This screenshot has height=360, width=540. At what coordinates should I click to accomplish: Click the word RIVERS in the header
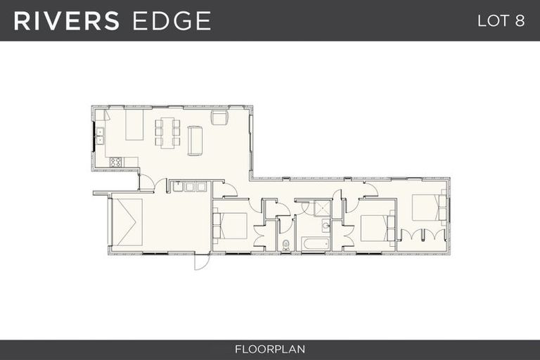[67, 20]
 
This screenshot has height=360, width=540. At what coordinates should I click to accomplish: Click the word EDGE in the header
[172, 20]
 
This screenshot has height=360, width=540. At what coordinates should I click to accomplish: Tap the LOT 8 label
[501, 21]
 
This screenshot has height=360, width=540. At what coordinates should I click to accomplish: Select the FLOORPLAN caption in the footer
[270, 349]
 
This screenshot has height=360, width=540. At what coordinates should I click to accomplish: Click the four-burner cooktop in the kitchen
[115, 162]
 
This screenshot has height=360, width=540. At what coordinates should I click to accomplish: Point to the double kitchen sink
[101, 136]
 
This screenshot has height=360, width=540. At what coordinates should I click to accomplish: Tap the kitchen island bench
[134, 124]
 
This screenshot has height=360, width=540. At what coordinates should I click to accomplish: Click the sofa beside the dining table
[195, 141]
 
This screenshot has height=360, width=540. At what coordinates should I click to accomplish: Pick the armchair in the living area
[220, 117]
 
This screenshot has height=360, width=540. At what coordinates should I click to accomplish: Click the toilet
[285, 245]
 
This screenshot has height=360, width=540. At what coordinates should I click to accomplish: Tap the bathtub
[316, 244]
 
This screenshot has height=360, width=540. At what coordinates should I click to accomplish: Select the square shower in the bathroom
[322, 208]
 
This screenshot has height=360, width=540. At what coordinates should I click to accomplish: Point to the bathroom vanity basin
[326, 226]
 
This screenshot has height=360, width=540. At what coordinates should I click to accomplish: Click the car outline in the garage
[127, 222]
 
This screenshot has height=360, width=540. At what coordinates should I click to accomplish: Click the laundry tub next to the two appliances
[178, 187]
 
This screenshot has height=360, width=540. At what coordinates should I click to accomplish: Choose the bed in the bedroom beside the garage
[230, 226]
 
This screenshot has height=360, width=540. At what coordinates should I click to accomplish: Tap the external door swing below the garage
[202, 262]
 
